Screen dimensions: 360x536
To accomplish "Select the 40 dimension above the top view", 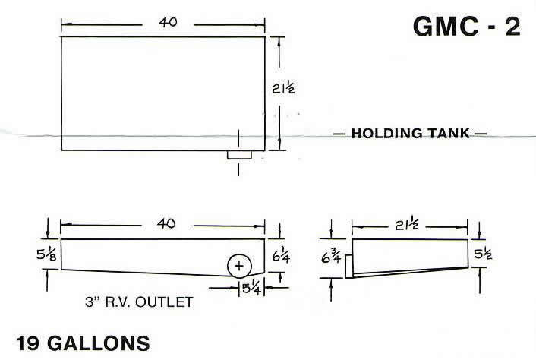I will click(x=168, y=23).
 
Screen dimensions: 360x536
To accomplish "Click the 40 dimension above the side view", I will click(x=166, y=224).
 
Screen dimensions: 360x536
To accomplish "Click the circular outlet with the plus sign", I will click(x=240, y=266).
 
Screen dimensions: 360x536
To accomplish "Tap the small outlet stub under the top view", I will click(x=240, y=155).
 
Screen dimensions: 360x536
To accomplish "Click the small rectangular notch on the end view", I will click(x=349, y=266).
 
